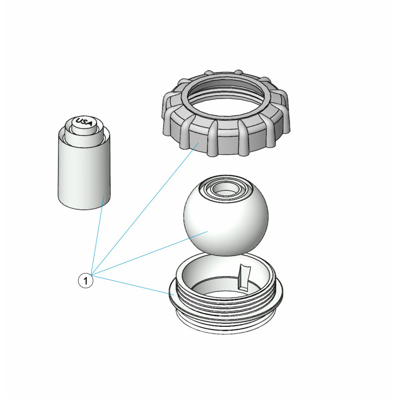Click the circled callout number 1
pyautogui.click(x=86, y=281)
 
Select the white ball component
pyautogui.click(x=225, y=215)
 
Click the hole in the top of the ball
pyautogui.click(x=225, y=188)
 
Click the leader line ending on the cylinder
pyautogui.click(x=97, y=235)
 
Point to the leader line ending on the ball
pyautogui.click(x=150, y=253)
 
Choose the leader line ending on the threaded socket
pyautogui.click(x=132, y=285)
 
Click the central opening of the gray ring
pyautogui.click(x=225, y=98)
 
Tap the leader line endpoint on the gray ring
pyautogui.click(x=199, y=143)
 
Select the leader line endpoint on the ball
pyautogui.click(x=208, y=231)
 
